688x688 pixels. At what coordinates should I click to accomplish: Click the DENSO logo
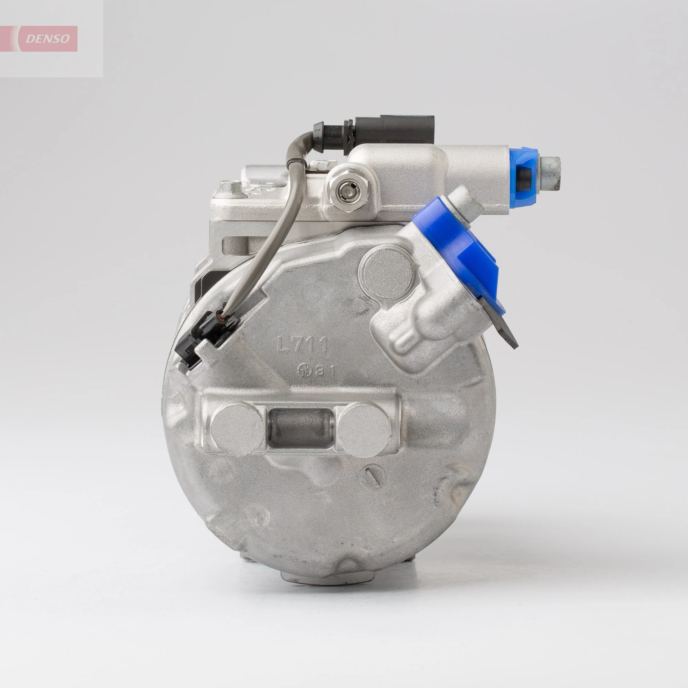(47, 39)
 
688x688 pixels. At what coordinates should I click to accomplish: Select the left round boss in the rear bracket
(238, 426)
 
